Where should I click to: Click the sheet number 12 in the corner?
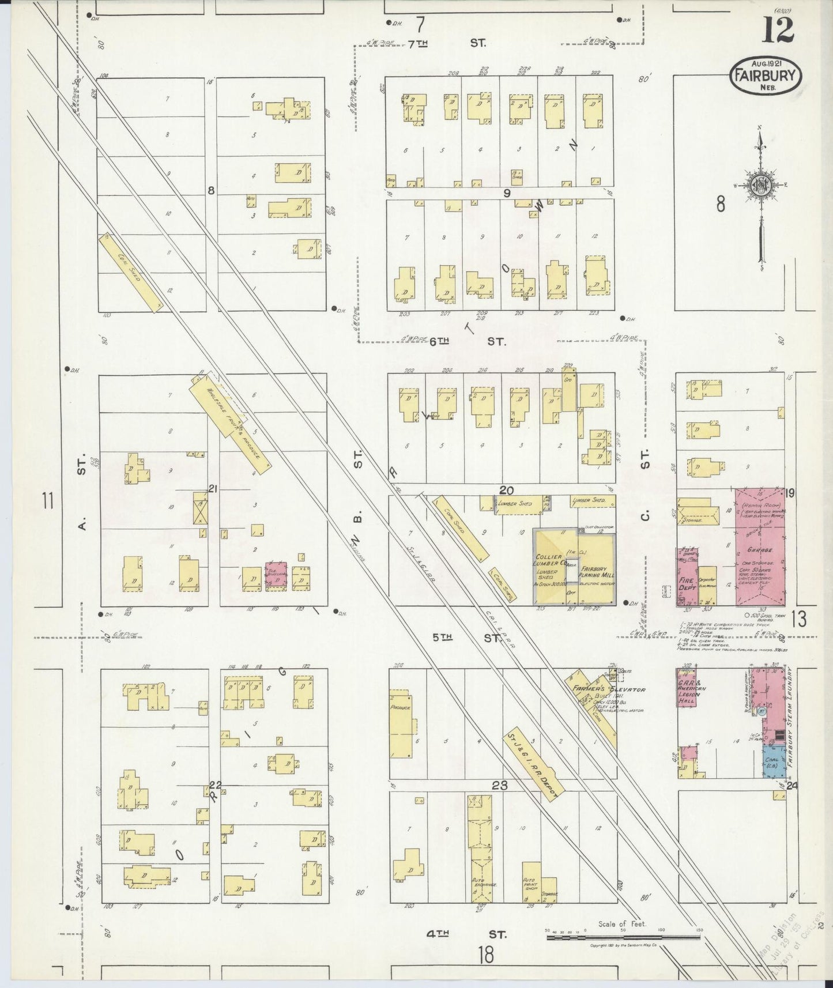pos(778,30)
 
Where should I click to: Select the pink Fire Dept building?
pos(686,576)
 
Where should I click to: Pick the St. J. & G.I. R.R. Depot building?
pos(532,764)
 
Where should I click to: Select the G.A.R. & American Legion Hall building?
pos(687,688)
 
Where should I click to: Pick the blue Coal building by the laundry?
pos(772,761)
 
